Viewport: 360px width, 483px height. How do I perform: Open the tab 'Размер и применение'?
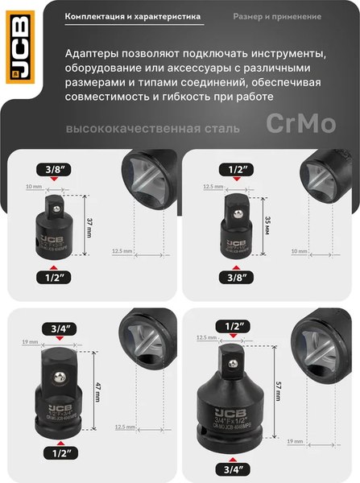pyautogui.click(x=279, y=16)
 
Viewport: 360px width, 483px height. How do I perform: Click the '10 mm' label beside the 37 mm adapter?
pyautogui.click(x=31, y=186)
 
